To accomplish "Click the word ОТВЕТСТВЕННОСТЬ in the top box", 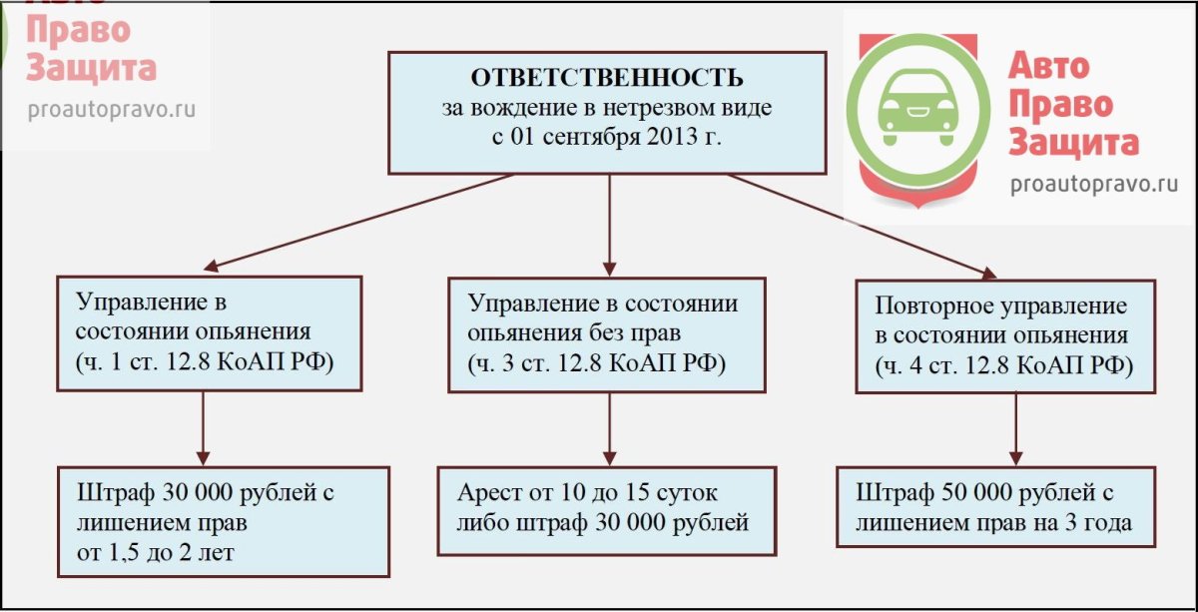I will tap(606, 78).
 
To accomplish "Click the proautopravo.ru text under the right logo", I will tap(1094, 183).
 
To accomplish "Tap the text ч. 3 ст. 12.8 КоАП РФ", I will tap(596, 360).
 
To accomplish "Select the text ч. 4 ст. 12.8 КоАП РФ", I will tap(1004, 364).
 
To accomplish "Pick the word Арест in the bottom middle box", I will tap(489, 493).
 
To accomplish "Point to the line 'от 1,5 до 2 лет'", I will tap(155, 552).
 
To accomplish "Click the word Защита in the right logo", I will tap(1073, 142).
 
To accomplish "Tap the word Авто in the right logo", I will tap(1048, 67).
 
